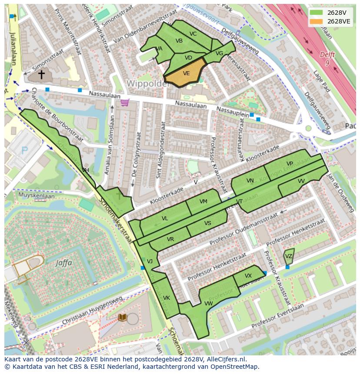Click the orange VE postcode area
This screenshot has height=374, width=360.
[x=186, y=73]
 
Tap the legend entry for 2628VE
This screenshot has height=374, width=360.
[x=338, y=21]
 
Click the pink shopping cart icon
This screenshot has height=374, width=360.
[x=125, y=103]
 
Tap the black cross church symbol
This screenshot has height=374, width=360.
[x=41, y=75]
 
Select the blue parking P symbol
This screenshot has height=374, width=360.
[x=24, y=151]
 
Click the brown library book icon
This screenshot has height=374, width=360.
[x=123, y=318]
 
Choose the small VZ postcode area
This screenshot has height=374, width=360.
[x=289, y=256]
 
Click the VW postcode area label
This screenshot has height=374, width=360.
[x=209, y=303]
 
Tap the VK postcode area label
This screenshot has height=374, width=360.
[x=167, y=298]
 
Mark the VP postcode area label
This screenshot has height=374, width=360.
[x=290, y=163]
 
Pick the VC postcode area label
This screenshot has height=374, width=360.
[x=193, y=34]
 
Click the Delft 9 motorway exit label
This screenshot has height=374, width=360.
[x=327, y=59]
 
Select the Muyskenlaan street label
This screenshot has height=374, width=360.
[x=37, y=196]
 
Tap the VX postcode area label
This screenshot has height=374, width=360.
[x=248, y=276]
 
